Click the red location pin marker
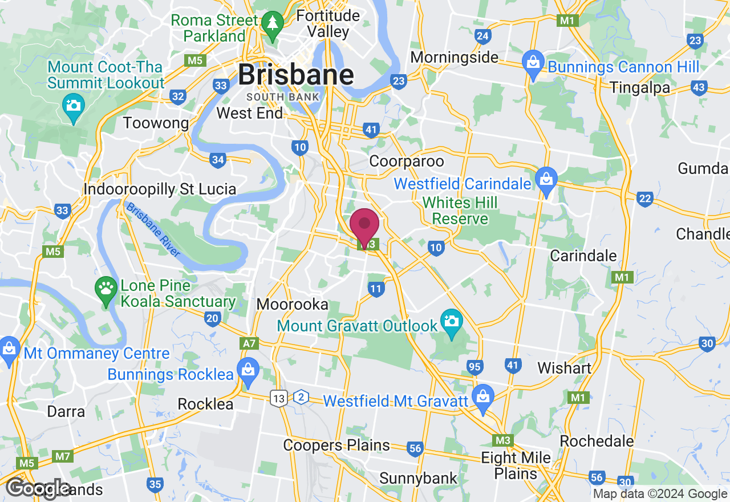364,226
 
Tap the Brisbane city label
295,75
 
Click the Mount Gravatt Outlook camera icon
452,322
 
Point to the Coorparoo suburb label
406,161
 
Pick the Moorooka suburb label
292,304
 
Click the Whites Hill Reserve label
460,210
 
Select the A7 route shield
249,343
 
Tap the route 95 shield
474,366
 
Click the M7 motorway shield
62,456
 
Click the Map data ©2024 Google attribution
660,494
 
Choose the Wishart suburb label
564,368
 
